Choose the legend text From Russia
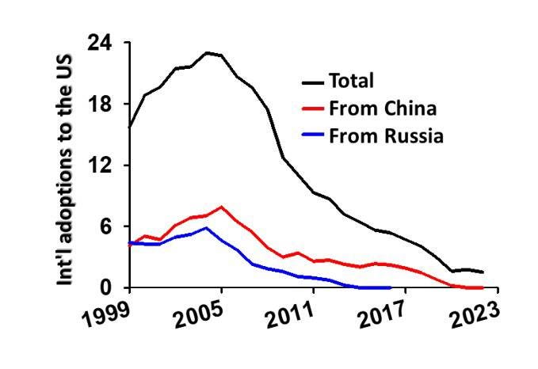(386, 135)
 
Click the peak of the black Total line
(206, 53)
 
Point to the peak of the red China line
(222, 207)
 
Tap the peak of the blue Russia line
(206, 228)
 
